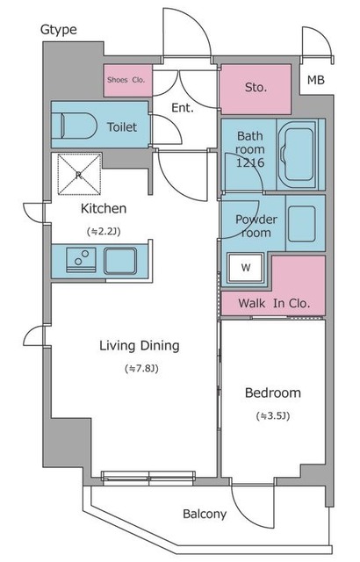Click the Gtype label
tap(58, 30)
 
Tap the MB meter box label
tap(315, 80)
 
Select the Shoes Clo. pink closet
tap(128, 80)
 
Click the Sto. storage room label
tap(256, 87)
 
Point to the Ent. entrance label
tap(183, 107)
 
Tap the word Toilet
tap(122, 126)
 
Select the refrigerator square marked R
tap(79, 175)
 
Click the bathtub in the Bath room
tap(298, 155)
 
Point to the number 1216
tap(250, 162)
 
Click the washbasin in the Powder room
tap(302, 224)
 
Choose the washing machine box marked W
tap(245, 267)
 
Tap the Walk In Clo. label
tap(274, 304)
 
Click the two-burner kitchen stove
tap(81, 260)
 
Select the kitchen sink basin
tap(120, 261)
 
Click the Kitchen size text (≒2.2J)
tap(104, 232)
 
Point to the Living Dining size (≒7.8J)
tap(141, 369)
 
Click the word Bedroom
tap(273, 393)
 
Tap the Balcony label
tap(205, 514)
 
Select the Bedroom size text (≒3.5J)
tap(273, 416)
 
